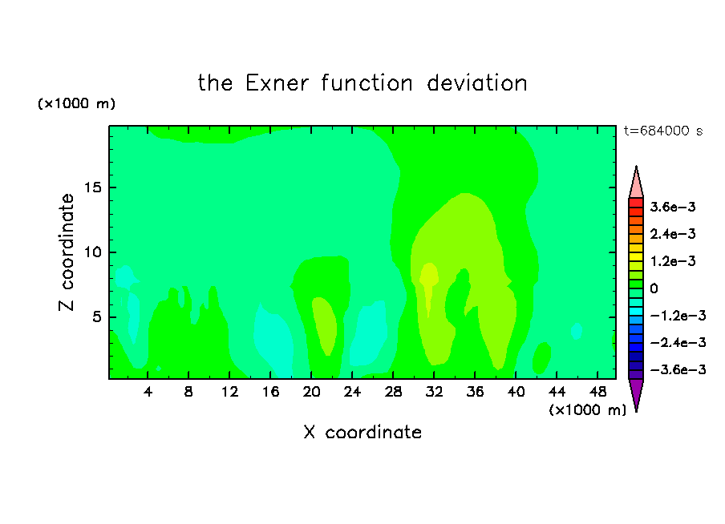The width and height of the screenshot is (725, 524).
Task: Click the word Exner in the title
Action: click(277, 83)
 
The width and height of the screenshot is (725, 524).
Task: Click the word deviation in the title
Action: click(477, 83)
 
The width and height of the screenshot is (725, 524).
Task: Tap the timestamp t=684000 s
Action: click(663, 131)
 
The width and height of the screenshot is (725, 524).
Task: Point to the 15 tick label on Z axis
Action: click(92, 187)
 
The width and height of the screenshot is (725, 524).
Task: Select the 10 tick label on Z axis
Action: click(92, 252)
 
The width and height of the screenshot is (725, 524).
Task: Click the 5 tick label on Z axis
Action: click(97, 317)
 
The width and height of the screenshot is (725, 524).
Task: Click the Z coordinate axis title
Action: click(66, 252)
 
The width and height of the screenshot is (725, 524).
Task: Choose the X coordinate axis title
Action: click(362, 432)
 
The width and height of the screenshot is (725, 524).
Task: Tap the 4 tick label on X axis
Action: click(148, 392)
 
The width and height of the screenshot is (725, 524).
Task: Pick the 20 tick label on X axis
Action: click(311, 392)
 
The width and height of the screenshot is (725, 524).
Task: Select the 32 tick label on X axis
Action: click(434, 392)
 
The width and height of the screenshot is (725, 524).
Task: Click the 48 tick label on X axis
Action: click(597, 392)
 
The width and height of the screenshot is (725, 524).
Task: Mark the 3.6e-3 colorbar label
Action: click(673, 207)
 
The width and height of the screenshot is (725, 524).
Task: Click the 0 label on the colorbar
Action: click(654, 288)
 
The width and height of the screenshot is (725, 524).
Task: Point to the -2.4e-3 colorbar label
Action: click(678, 342)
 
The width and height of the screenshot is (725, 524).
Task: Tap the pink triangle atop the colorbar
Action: click(636, 183)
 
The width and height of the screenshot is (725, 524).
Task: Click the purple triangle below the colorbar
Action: click(636, 393)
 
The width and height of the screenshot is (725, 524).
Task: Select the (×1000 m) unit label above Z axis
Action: click(76, 103)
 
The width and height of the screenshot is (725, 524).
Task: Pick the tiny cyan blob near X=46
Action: click(576, 331)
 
